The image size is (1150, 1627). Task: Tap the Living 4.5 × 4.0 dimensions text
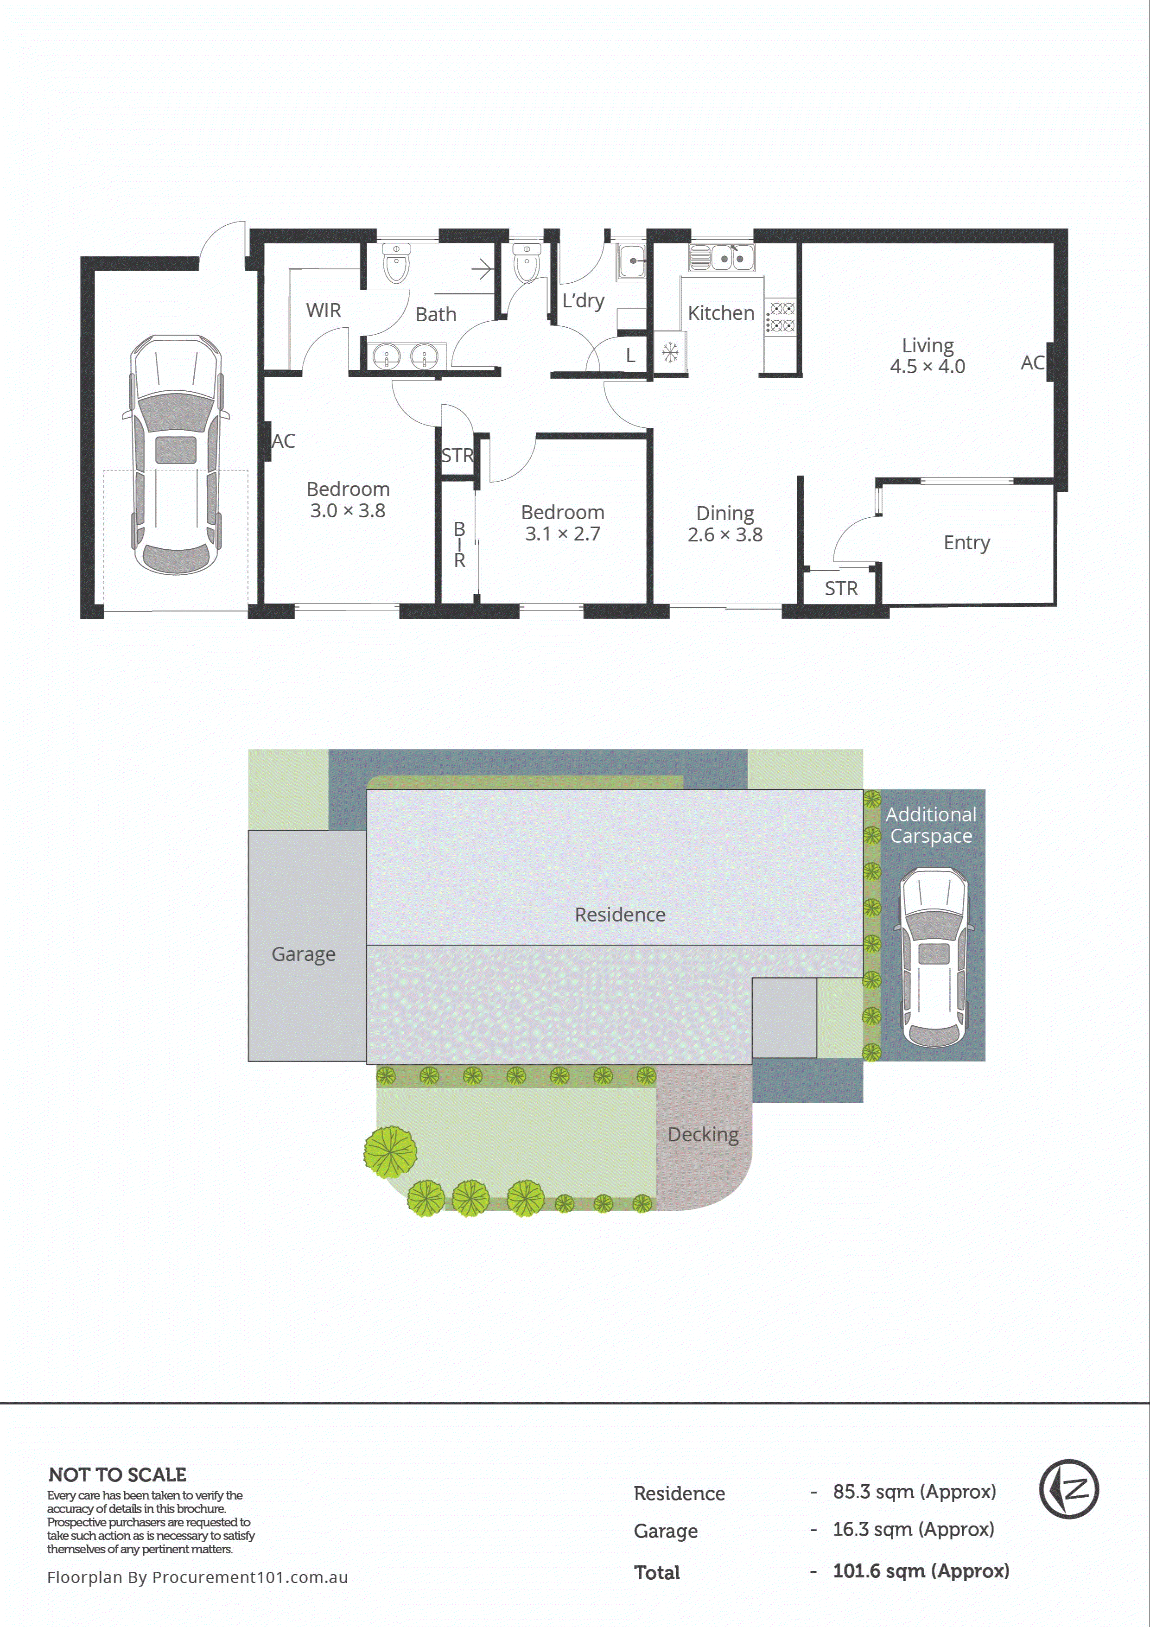[928, 366]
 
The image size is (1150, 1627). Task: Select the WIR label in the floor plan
[324, 311]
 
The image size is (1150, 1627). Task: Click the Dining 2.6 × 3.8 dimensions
[725, 534]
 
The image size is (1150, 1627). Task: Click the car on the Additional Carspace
[934, 957]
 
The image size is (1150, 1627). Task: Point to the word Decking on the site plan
[703, 1135]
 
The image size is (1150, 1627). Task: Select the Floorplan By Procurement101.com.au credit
[197, 1577]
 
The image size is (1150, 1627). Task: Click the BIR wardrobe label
[460, 544]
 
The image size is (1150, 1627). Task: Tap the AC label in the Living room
[1032, 363]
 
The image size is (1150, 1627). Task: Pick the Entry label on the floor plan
[966, 543]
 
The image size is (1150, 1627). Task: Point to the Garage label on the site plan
[303, 954]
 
